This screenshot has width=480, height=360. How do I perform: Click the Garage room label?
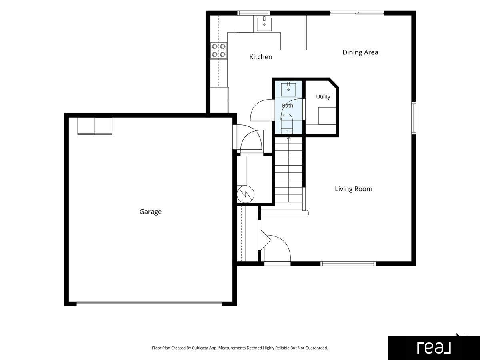pyautogui.click(x=150, y=212)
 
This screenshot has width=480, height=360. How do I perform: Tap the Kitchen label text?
pyautogui.click(x=261, y=57)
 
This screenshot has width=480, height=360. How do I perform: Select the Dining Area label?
pyautogui.click(x=360, y=52)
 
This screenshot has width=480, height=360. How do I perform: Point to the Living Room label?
pyautogui.click(x=353, y=189)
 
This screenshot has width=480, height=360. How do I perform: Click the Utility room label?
pyautogui.click(x=323, y=97)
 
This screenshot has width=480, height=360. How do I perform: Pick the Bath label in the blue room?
pyautogui.click(x=288, y=106)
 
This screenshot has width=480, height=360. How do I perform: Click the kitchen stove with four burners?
pyautogui.click(x=219, y=50)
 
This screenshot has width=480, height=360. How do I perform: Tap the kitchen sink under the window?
pyautogui.click(x=264, y=24)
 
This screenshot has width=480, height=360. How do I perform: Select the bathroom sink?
pyautogui.click(x=288, y=89)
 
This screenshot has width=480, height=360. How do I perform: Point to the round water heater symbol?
pyautogui.click(x=246, y=194)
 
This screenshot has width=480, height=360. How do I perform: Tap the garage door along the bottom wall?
pyautogui.click(x=149, y=304)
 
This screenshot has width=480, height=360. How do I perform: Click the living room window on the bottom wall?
pyautogui.click(x=348, y=264)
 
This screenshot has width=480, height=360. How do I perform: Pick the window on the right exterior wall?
pyautogui.click(x=414, y=118)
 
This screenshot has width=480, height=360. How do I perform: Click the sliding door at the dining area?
pyautogui.click(x=357, y=13)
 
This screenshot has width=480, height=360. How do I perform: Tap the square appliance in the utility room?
pyautogui.click(x=327, y=116)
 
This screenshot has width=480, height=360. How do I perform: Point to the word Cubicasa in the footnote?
pyautogui.click(x=200, y=348)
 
